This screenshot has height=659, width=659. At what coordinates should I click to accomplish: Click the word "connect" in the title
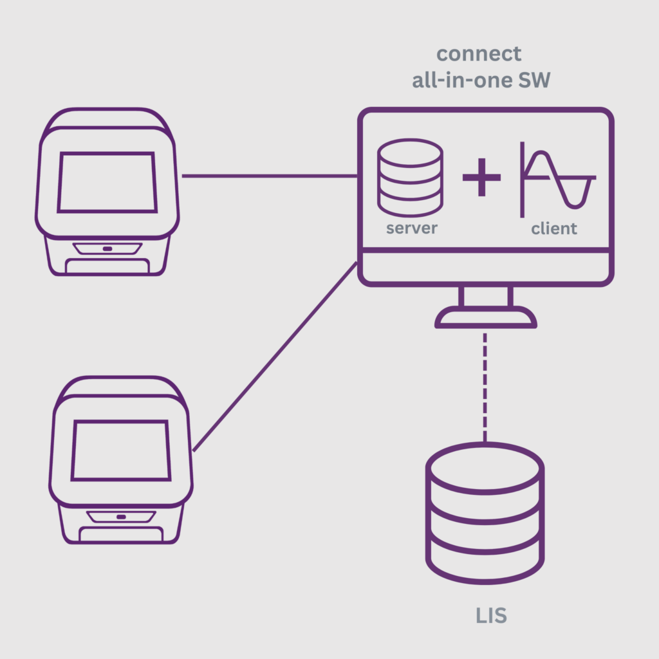pyautogui.click(x=479, y=53)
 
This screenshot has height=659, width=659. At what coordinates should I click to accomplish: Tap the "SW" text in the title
pyautogui.click(x=534, y=81)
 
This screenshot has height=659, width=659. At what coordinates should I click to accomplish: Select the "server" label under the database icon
pyautogui.click(x=411, y=228)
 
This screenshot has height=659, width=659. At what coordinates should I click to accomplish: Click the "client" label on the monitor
pyautogui.click(x=554, y=228)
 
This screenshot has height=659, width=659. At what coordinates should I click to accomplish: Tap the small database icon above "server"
pyautogui.click(x=410, y=177)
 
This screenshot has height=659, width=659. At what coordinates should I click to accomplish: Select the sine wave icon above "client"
pyautogui.click(x=557, y=178)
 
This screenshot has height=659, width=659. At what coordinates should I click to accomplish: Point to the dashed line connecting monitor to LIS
pyautogui.click(x=485, y=386)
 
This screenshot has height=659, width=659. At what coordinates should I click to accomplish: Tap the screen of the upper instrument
pyautogui.click(x=107, y=182)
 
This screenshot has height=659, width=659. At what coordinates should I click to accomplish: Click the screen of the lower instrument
pyautogui.click(x=121, y=450)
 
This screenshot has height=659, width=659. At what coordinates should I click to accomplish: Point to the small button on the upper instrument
pyautogui.click(x=107, y=248)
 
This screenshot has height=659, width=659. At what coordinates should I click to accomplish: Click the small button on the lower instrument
pyautogui.click(x=121, y=516)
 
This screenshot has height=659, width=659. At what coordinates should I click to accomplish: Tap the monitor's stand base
pyautogui.click(x=486, y=317)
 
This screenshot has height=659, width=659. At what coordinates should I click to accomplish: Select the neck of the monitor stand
pyautogui.click(x=486, y=296)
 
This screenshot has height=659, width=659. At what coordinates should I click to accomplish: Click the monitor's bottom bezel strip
pyautogui.click(x=486, y=267)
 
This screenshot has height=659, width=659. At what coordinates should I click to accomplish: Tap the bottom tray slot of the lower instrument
pyautogui.click(x=121, y=534)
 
